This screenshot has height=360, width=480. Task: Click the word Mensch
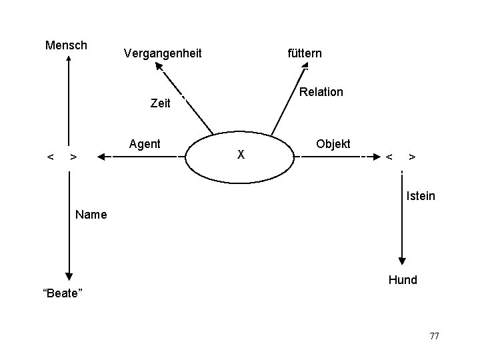pyautogui.click(x=66, y=45)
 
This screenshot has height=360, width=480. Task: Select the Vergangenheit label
pyautogui.click(x=163, y=53)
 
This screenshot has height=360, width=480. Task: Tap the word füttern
pyautogui.click(x=305, y=53)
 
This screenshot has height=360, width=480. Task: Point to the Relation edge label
pyautogui.click(x=321, y=92)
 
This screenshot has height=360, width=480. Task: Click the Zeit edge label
pyautogui.click(x=161, y=104)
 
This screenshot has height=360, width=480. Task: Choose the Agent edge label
pyautogui.click(x=145, y=143)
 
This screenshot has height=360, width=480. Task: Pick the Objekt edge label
pyautogui.click(x=333, y=144)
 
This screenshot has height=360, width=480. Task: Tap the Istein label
pyautogui.click(x=421, y=196)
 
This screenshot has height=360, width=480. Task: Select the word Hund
pyautogui.click(x=403, y=280)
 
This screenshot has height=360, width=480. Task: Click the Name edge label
pyautogui.click(x=91, y=215)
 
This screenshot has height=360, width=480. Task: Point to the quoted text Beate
pyautogui.click(x=61, y=294)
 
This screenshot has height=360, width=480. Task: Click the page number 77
pyautogui.click(x=434, y=335)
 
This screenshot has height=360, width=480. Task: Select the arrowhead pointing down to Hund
pyautogui.click(x=402, y=261)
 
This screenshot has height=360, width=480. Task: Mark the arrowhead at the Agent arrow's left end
pyautogui.click(x=101, y=157)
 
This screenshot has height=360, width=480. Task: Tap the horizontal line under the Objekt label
pyautogui.click(x=333, y=157)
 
